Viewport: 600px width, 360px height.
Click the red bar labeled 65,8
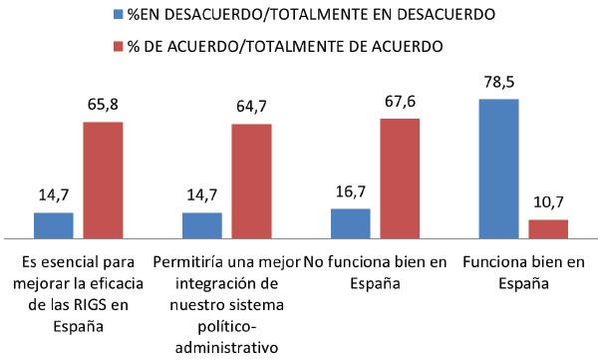click(x=103, y=180)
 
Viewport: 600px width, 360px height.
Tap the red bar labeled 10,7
click(x=548, y=229)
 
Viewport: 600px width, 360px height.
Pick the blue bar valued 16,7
click(x=350, y=224)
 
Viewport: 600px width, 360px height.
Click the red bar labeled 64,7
click(x=252, y=181)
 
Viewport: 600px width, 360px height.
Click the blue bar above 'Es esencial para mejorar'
click(x=54, y=226)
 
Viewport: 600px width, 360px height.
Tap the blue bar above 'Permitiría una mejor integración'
click(x=202, y=226)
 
